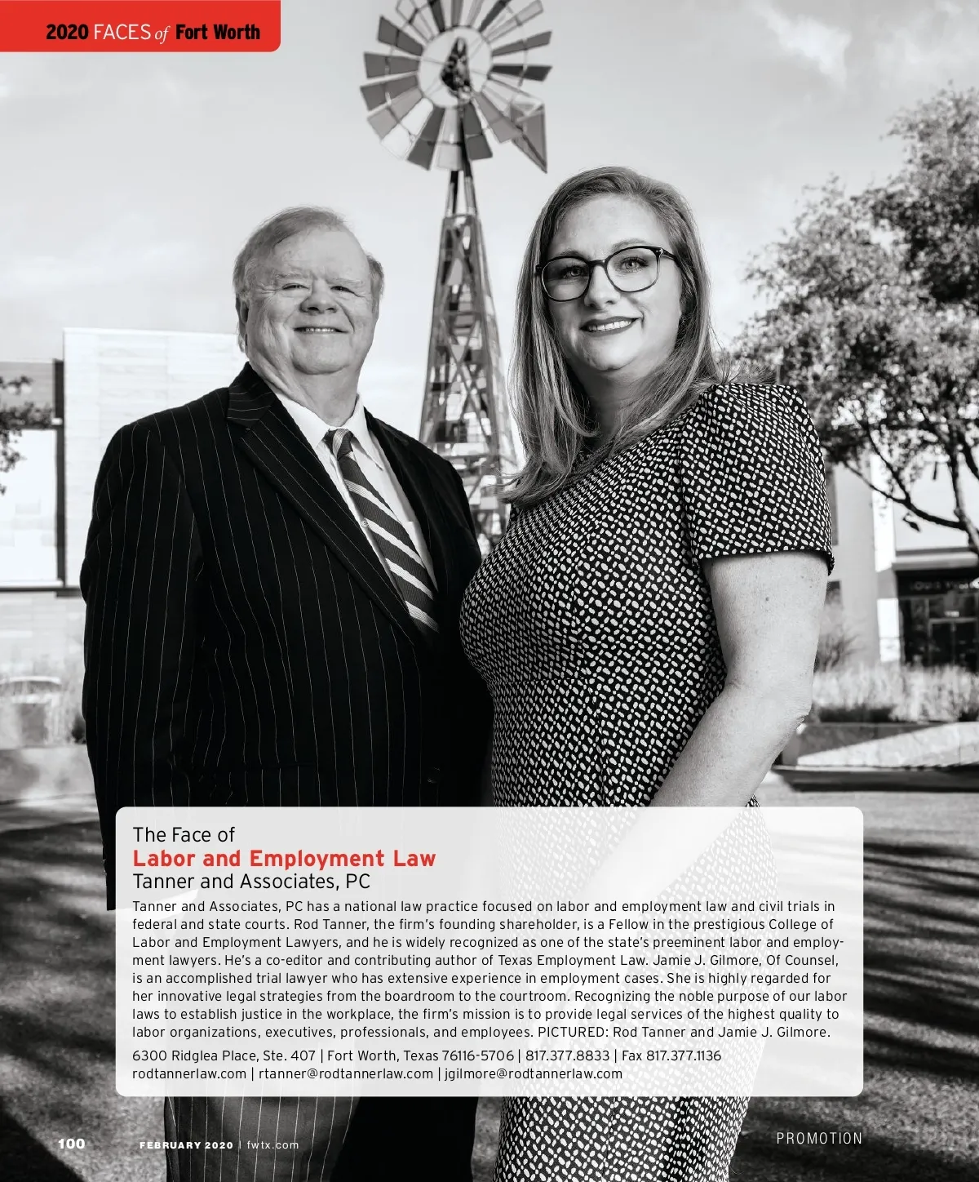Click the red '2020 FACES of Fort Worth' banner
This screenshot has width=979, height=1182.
[x=153, y=32]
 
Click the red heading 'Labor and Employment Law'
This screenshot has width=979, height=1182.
[x=284, y=859]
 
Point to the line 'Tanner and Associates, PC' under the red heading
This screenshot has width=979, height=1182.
[x=251, y=882]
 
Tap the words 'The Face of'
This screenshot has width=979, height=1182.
[x=184, y=835]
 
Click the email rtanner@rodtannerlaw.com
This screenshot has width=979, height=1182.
[x=345, y=1073]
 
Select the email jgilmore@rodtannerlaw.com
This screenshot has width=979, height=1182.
[x=534, y=1073]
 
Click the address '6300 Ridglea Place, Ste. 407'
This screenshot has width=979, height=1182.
[x=224, y=1055]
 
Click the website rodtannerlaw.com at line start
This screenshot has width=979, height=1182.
[x=189, y=1073]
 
